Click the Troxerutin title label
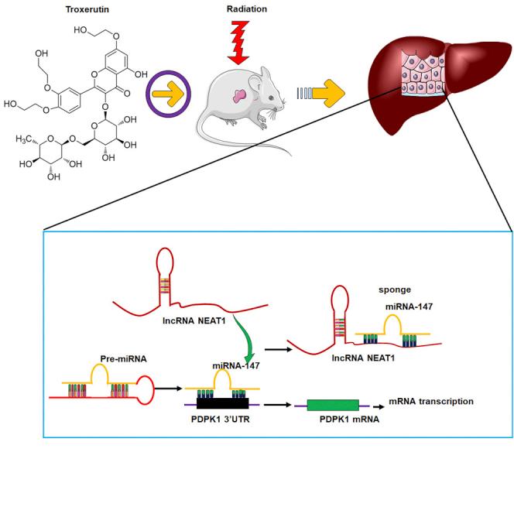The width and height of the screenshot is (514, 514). [87, 9]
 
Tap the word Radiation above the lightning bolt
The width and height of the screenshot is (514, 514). [247, 9]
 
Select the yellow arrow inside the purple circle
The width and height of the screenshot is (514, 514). [168, 94]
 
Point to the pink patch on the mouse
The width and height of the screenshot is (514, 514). [239, 96]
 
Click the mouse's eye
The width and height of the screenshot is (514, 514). [271, 98]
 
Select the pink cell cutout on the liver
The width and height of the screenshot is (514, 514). [423, 73]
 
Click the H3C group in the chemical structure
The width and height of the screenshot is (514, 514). [23, 139]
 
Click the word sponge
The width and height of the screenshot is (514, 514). [395, 290]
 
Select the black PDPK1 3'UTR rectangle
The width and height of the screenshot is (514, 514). [223, 403]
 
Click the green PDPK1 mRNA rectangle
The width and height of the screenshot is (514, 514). [333, 405]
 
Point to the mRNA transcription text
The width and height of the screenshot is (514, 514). [431, 402]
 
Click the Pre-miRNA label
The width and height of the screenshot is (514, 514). [123, 359]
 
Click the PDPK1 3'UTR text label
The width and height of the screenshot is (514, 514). [221, 420]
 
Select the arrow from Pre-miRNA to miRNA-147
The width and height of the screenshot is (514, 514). [168, 389]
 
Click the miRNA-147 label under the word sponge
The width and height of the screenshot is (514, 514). [409, 307]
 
